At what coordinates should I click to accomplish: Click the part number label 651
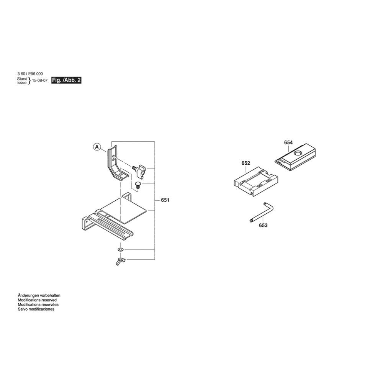[165, 200]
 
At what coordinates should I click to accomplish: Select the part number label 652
[246, 163]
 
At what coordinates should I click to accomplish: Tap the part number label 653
[263, 226]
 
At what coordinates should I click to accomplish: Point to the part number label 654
[288, 142]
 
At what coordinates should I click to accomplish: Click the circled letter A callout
[97, 146]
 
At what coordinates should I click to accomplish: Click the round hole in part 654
[297, 152]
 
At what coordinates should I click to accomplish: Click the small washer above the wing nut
[120, 250]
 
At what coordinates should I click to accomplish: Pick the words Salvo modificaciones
[36, 309]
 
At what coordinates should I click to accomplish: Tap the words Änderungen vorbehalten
[39, 295]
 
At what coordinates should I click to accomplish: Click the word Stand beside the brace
[22, 79]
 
